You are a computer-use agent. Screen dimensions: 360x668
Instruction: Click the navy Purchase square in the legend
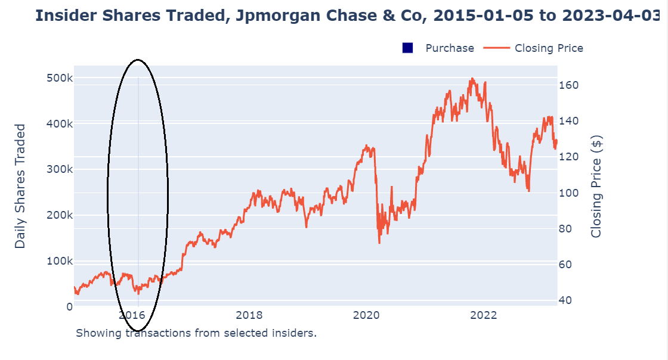click(x=408, y=48)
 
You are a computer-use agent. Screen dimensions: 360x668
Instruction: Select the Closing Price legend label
click(x=549, y=48)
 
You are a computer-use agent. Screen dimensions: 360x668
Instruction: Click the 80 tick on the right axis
click(x=568, y=229)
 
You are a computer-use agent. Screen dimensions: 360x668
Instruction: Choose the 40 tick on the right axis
click(x=568, y=300)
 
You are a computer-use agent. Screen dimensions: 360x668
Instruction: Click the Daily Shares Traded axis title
click(x=21, y=186)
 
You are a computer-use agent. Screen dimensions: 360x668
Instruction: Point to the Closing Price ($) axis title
click(x=596, y=186)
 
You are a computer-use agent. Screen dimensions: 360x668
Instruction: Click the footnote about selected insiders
click(x=196, y=333)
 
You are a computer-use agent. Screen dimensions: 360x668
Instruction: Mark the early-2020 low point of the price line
click(x=379, y=243)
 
